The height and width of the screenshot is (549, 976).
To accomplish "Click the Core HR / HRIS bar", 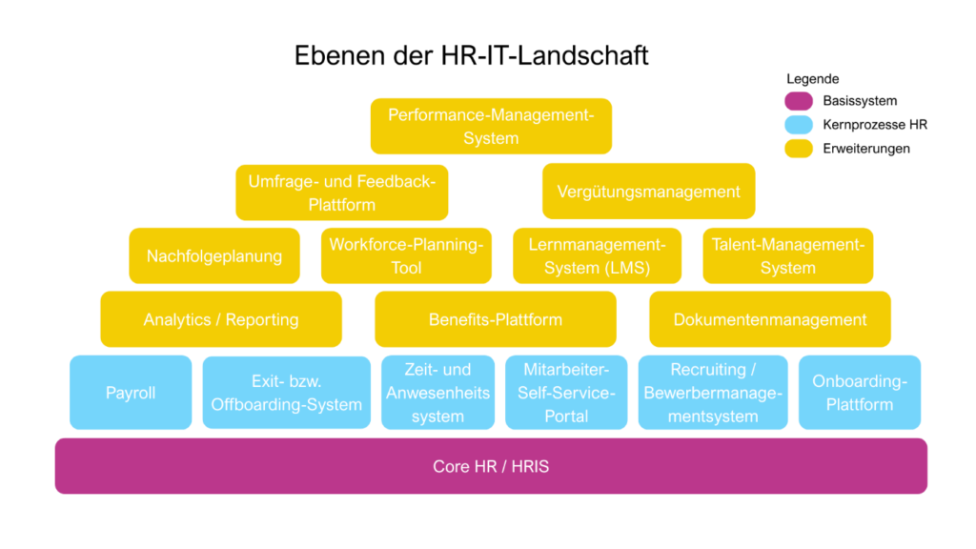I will tap(491, 466).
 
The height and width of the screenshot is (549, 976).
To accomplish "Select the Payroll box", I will tap(131, 393).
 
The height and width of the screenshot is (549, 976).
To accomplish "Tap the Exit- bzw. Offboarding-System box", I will tap(287, 393).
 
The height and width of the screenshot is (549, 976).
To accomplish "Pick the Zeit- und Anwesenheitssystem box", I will tap(437, 393).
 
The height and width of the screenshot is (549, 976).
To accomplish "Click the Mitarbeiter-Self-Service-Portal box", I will tap(566, 393).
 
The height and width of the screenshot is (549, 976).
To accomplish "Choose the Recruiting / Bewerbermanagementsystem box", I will tap(712, 393).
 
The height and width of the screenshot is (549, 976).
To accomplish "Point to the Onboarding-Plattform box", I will tap(859, 393).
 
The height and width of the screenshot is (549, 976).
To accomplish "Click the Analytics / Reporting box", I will tap(221, 319).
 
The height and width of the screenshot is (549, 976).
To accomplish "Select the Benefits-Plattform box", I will tap(496, 319).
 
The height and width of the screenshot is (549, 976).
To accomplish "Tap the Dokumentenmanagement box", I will tap(770, 319).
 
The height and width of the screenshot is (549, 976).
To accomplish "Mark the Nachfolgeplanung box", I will tap(214, 255).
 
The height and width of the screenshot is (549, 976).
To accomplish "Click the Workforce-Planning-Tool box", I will tap(406, 255).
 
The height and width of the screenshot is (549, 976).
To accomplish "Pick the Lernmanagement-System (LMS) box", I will tap(598, 255).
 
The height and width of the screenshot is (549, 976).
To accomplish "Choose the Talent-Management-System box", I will tap(788, 255).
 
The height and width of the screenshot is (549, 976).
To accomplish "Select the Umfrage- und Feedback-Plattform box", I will tap(342, 193).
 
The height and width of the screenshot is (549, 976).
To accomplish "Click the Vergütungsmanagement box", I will tap(648, 192).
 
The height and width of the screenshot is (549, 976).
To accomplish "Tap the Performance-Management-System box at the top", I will tap(491, 126).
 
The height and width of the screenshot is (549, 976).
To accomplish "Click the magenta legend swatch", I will tap(799, 101).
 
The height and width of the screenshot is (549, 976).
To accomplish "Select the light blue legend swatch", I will tap(799, 125).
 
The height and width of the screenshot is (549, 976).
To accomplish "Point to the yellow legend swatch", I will tap(799, 149).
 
